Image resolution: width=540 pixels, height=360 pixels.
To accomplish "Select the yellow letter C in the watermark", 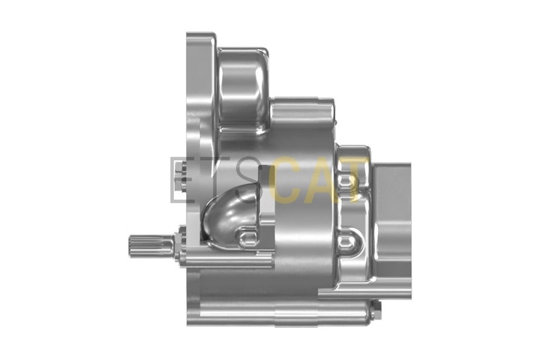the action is [x=285, y=179].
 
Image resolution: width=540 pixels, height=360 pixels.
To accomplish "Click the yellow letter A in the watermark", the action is [x=325, y=179].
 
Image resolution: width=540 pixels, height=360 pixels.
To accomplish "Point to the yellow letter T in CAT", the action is [x=355, y=179].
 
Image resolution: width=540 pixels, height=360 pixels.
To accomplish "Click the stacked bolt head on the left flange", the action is [x=179, y=178].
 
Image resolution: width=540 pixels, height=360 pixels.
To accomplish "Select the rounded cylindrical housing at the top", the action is [x=243, y=90].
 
